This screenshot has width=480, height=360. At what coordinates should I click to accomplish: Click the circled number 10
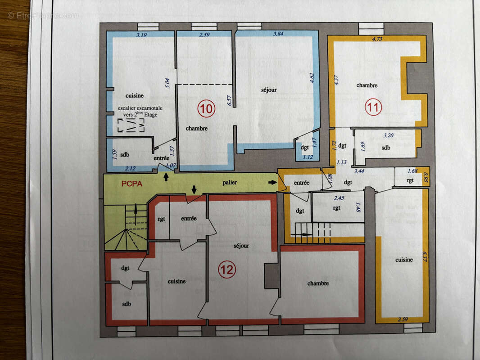click(x=207, y=109)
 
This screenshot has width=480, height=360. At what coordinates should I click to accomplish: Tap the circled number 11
click(x=373, y=107)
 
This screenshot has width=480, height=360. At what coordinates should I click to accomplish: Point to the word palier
click(x=229, y=183)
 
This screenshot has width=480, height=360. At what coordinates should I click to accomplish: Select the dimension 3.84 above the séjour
click(x=274, y=34)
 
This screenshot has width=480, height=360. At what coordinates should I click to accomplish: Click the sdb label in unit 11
click(x=386, y=148)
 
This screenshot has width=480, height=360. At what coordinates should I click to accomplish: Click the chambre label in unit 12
click(x=318, y=283)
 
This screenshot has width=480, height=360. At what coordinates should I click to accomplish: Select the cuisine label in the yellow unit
click(x=403, y=260)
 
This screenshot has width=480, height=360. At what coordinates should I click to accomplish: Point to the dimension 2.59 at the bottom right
click(x=403, y=319)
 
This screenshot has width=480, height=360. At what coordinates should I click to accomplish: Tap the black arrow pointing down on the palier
click(x=194, y=189)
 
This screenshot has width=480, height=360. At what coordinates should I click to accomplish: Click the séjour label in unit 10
click(x=269, y=90)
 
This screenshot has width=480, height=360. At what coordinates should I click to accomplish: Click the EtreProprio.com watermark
click(x=43, y=15)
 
